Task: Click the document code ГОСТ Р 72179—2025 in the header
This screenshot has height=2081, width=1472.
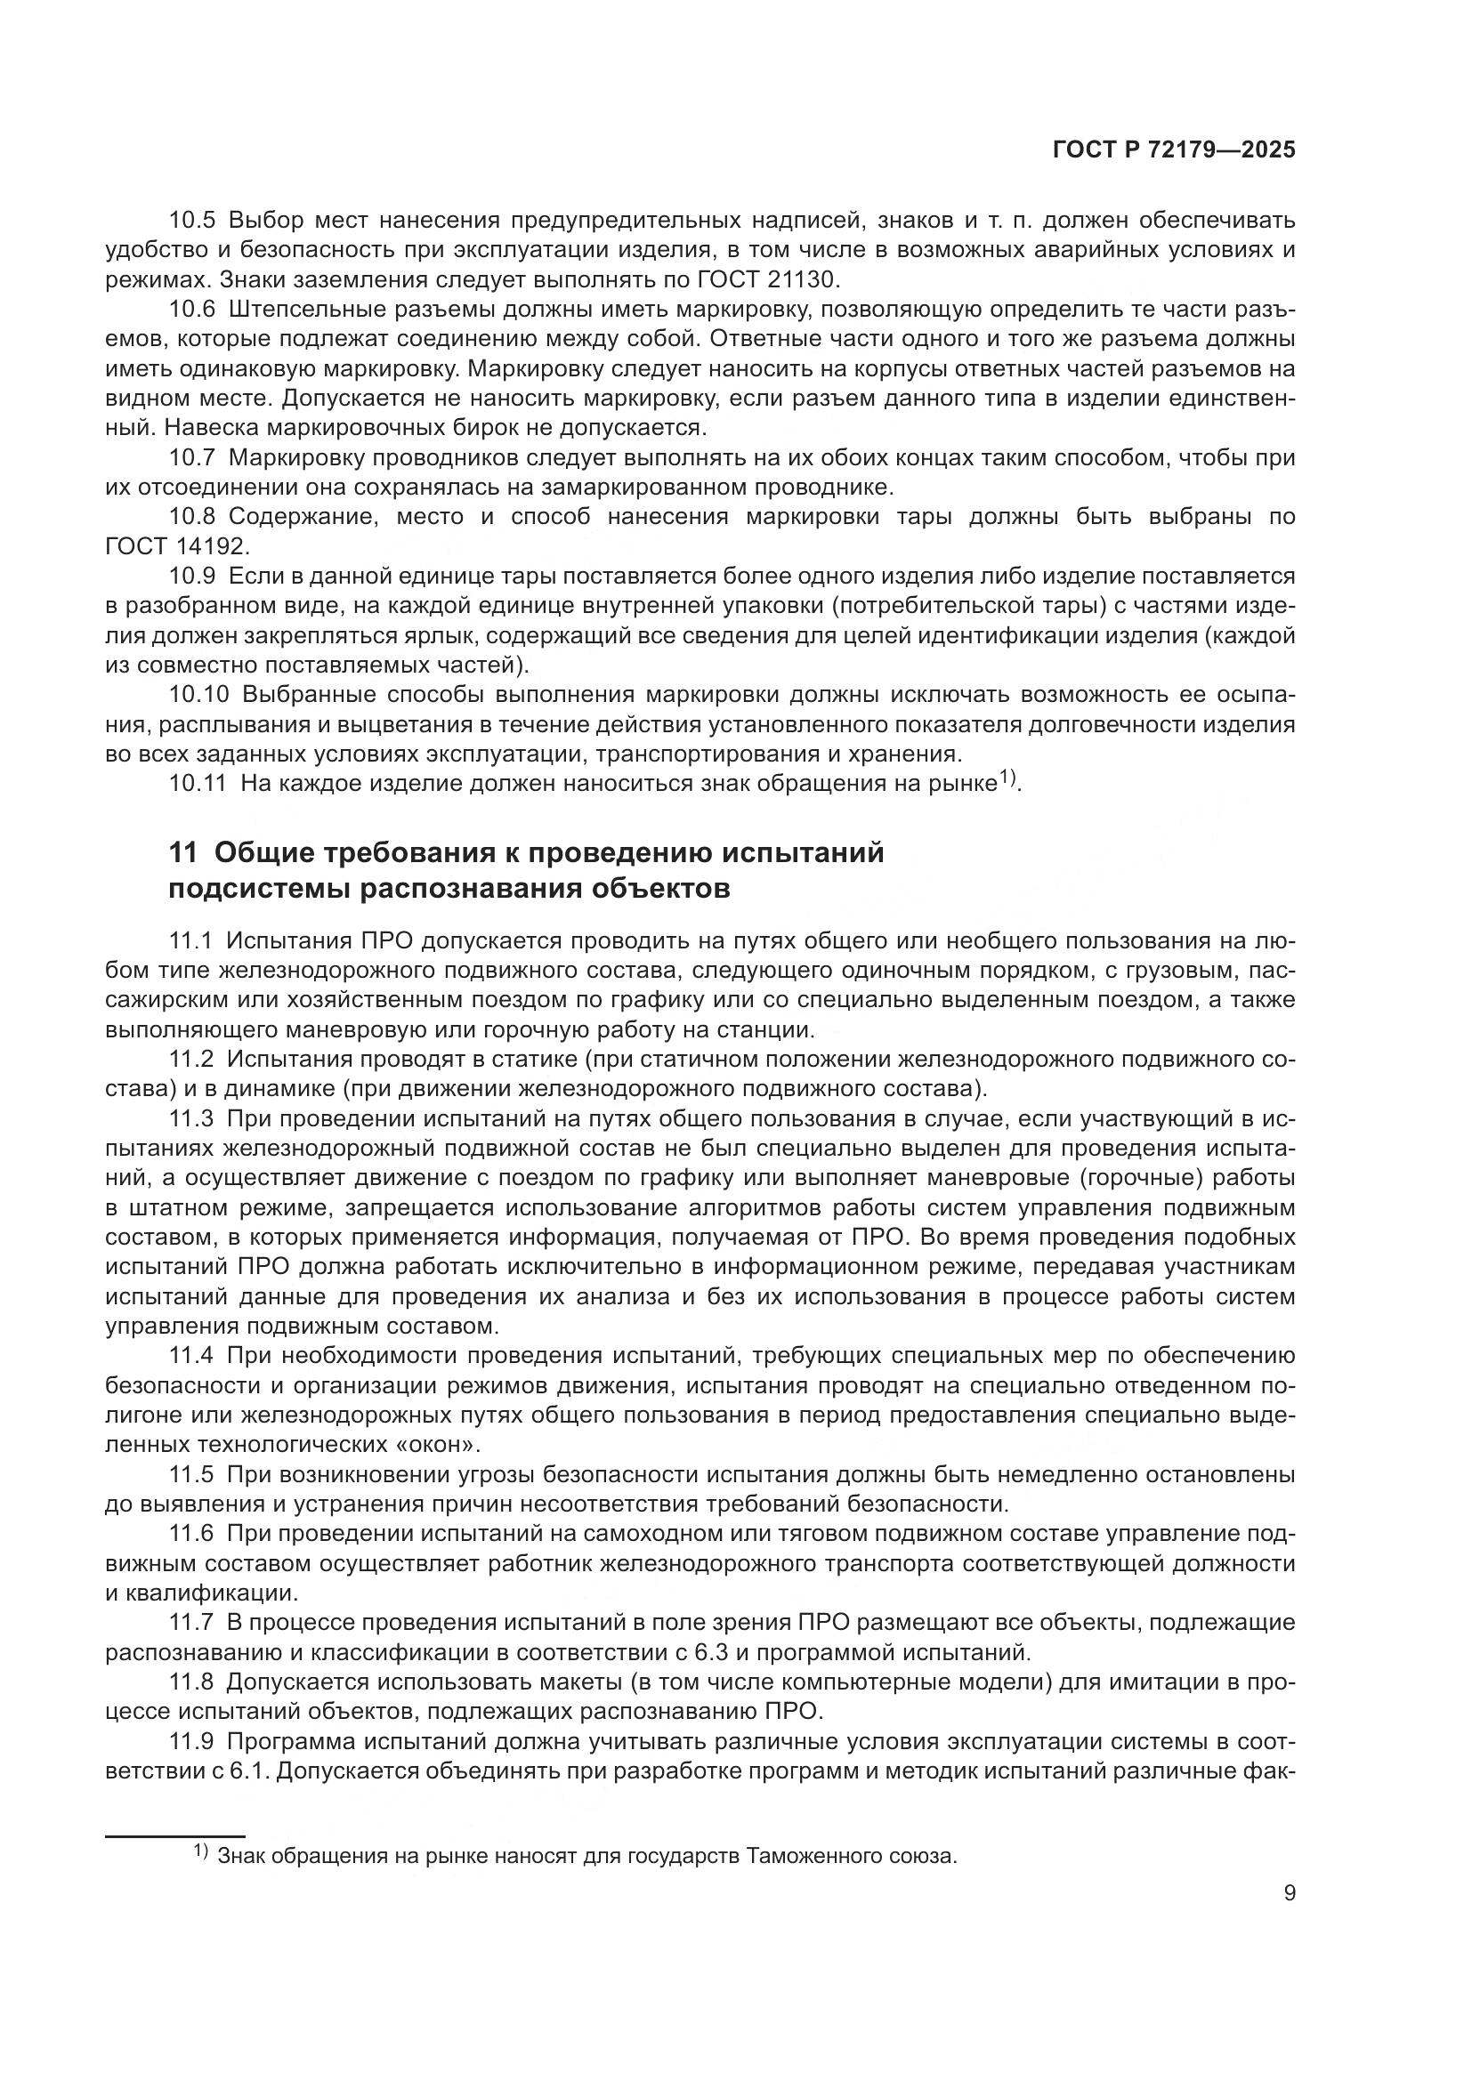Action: pyautogui.click(x=1174, y=150)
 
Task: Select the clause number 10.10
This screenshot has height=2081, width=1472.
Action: pyautogui.click(x=198, y=695)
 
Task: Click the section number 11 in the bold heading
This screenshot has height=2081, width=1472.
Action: pyautogui.click(x=182, y=853)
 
